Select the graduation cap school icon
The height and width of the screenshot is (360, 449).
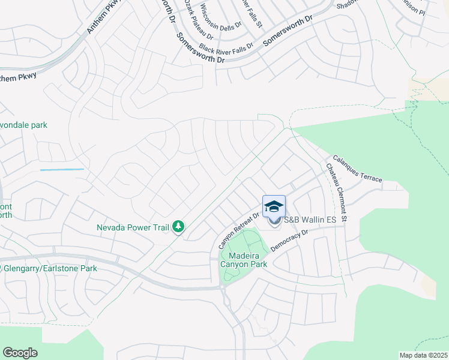click(x=274, y=206)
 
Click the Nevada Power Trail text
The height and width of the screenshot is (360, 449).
click(x=133, y=227)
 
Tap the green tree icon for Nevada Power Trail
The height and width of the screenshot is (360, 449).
click(x=178, y=227)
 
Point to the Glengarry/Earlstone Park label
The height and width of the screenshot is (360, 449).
click(x=50, y=268)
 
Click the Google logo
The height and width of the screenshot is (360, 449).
click(x=20, y=353)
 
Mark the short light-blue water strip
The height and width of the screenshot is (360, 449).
click(x=62, y=170)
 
